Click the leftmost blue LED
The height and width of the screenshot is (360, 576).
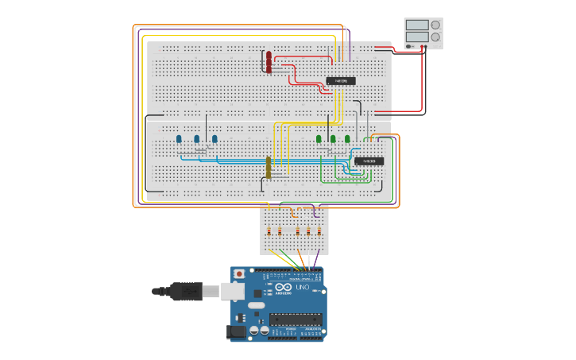(179, 139)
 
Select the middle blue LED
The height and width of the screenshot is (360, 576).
(197, 139)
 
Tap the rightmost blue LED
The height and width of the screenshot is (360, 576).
(215, 139)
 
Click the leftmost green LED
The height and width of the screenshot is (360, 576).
(319, 139)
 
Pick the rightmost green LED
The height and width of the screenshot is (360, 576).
(347, 139)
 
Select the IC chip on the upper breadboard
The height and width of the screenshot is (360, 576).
(341, 81)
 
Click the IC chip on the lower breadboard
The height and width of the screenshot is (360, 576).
(369, 161)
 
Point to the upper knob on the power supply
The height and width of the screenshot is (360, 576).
(435, 25)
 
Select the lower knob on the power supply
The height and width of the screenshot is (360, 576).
(435, 37)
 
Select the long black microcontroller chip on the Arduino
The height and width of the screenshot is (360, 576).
(296, 319)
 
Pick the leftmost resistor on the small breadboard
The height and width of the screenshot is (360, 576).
(269, 231)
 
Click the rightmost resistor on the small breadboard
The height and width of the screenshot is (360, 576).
(319, 231)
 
